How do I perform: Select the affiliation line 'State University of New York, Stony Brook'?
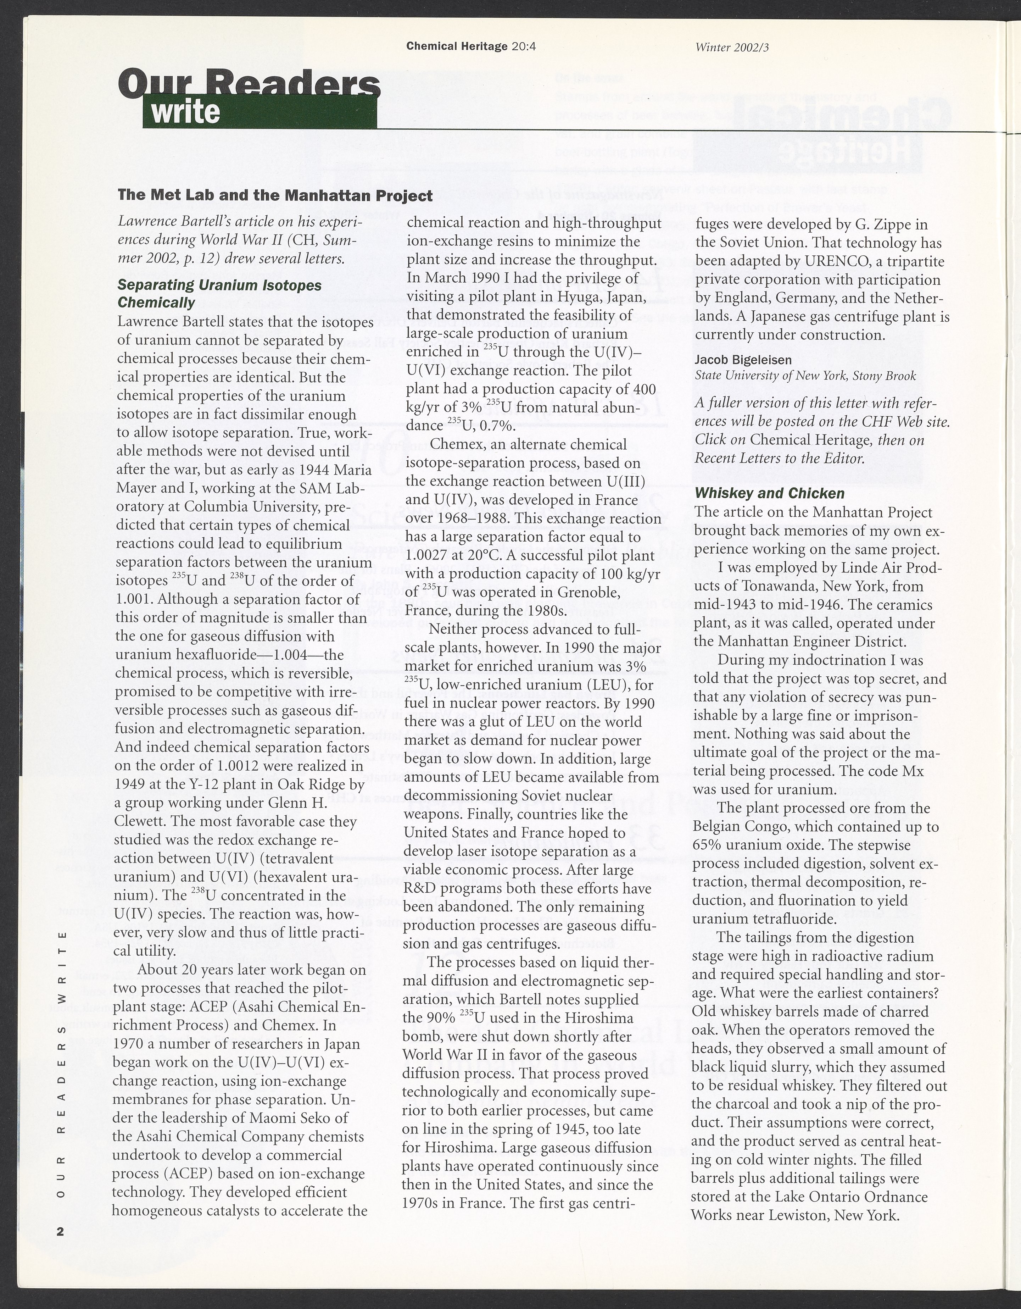[x=805, y=376]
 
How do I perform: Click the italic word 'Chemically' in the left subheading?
[x=156, y=302]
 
